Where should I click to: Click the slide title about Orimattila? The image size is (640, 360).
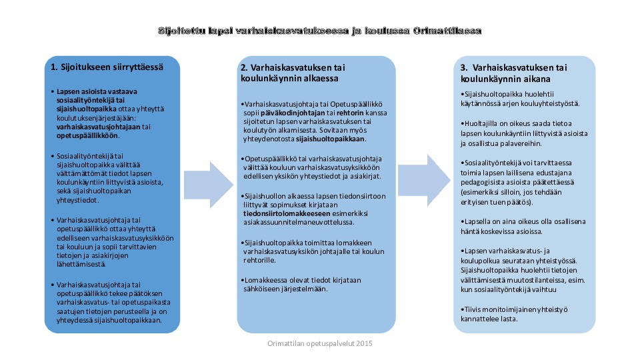point(319,31)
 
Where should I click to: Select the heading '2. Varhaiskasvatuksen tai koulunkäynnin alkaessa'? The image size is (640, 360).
point(293,73)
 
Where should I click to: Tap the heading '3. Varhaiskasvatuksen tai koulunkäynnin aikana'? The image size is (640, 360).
point(513,73)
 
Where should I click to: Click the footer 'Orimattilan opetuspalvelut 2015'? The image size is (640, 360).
point(319,343)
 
